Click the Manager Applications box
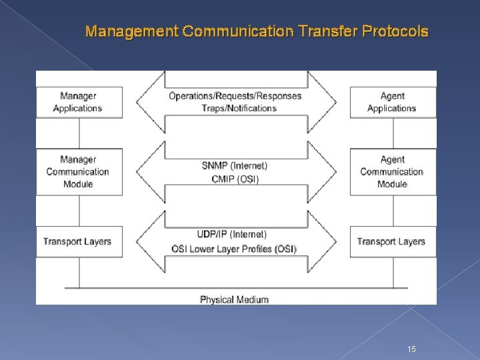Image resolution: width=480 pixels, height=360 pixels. point(79,102)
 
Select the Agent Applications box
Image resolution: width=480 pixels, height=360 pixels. point(392,102)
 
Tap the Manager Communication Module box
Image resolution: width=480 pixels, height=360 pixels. point(79,171)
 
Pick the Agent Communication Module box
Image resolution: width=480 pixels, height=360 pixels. point(392,171)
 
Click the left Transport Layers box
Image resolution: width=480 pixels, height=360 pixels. point(78,241)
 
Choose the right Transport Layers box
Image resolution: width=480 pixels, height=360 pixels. point(391,241)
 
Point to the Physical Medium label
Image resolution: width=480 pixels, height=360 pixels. point(235,299)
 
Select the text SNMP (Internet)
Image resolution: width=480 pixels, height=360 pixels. point(235,165)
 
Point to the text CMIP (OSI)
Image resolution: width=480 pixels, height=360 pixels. point(235,179)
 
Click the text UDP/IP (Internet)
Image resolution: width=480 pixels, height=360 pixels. point(232,234)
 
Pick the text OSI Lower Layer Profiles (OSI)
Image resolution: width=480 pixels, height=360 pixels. point(234,249)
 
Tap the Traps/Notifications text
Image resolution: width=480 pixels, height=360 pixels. point(235,108)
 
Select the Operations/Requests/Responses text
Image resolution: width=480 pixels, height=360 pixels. point(235,95)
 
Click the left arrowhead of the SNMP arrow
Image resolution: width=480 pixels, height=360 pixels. point(145,171)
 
